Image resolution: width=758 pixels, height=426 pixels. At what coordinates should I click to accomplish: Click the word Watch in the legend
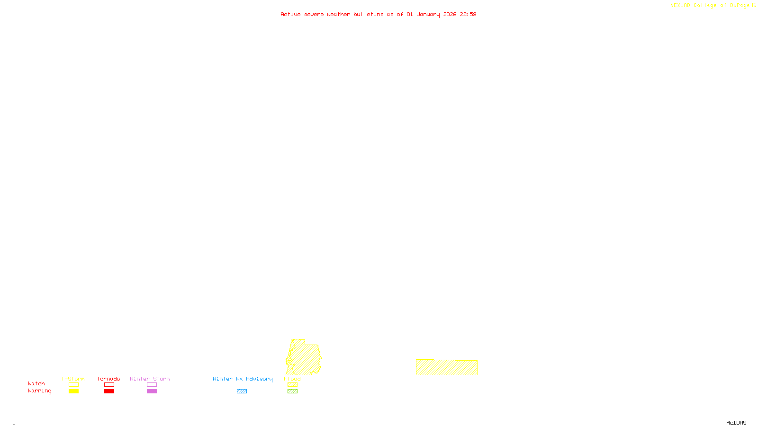(36, 383)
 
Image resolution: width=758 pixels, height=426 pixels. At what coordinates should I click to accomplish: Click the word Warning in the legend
(40, 391)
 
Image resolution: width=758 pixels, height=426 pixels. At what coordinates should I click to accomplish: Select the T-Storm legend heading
(73, 379)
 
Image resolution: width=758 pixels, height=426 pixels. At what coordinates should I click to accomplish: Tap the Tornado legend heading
(108, 379)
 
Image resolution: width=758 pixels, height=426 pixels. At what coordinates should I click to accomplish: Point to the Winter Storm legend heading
(150, 379)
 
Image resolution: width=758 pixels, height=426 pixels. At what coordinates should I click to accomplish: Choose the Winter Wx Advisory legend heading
(243, 379)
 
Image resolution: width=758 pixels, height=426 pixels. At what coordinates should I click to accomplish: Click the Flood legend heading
(292, 379)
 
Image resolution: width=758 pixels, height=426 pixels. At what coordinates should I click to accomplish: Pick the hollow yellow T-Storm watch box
(73, 385)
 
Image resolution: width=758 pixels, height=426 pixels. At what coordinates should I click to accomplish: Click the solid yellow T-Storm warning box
(73, 391)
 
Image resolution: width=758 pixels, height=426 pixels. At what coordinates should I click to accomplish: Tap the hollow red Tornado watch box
(109, 385)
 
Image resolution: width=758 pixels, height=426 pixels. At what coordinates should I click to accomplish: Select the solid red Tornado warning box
(109, 391)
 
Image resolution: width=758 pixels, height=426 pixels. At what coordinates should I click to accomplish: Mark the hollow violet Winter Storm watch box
(152, 385)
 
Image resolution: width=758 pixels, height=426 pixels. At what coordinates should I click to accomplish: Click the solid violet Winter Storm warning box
(152, 391)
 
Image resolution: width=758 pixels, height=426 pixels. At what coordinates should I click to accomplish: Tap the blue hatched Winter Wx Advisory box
(242, 391)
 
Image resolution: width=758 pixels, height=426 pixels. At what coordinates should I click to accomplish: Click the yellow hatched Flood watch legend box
(292, 385)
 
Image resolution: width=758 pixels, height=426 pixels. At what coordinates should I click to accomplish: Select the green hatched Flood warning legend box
(292, 391)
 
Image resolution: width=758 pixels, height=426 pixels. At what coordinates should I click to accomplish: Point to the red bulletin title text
(379, 14)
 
